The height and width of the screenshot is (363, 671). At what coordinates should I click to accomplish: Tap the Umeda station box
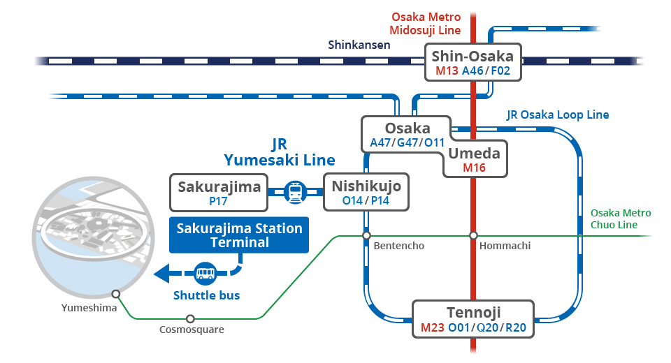475,160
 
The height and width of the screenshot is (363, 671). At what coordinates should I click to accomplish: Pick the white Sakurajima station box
219,193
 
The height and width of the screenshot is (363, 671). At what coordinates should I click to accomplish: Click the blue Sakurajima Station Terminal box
239,235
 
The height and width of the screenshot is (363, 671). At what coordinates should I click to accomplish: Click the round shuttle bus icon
205,273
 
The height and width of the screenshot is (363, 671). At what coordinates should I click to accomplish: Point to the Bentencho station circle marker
366,236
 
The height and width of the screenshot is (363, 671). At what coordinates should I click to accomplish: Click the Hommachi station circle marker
473,236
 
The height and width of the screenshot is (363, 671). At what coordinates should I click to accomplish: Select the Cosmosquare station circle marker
189,319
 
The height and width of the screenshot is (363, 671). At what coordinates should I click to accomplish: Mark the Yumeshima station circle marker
115,294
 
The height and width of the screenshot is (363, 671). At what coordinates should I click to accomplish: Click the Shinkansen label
359,45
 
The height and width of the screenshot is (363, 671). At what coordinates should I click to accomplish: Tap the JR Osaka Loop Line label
558,114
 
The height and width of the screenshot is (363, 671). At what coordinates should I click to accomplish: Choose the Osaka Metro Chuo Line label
620,218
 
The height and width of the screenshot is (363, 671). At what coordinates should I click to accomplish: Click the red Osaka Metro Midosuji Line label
426,23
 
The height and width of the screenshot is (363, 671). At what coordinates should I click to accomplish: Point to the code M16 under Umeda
474,168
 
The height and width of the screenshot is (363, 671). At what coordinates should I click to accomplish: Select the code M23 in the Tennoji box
433,327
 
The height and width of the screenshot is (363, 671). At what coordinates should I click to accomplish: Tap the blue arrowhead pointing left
161,274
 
